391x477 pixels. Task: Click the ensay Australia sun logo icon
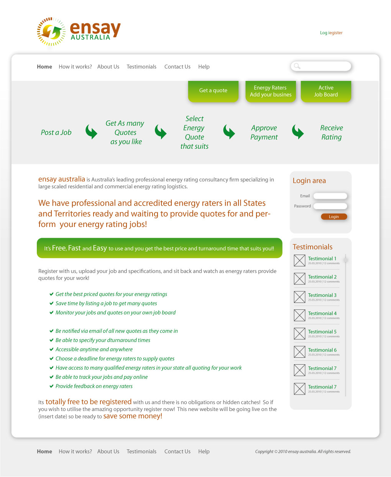(51, 31)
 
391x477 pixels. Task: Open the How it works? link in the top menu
(75, 67)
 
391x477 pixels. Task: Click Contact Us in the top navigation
(177, 67)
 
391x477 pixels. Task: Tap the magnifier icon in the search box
(297, 66)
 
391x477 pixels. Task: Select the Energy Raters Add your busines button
(271, 91)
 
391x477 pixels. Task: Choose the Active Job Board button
(326, 91)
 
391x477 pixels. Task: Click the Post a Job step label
(56, 132)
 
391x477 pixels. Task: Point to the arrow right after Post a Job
(91, 132)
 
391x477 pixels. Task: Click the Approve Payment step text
(264, 132)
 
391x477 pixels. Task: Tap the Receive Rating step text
(332, 132)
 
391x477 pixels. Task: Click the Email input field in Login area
(330, 196)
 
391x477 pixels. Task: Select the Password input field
(330, 206)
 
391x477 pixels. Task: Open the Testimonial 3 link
(322, 295)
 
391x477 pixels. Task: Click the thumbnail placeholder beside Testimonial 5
(299, 334)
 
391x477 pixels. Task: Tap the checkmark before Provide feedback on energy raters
(51, 386)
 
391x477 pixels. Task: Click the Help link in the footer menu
(204, 452)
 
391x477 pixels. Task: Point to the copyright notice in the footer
(303, 452)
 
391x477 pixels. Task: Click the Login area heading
(309, 181)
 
